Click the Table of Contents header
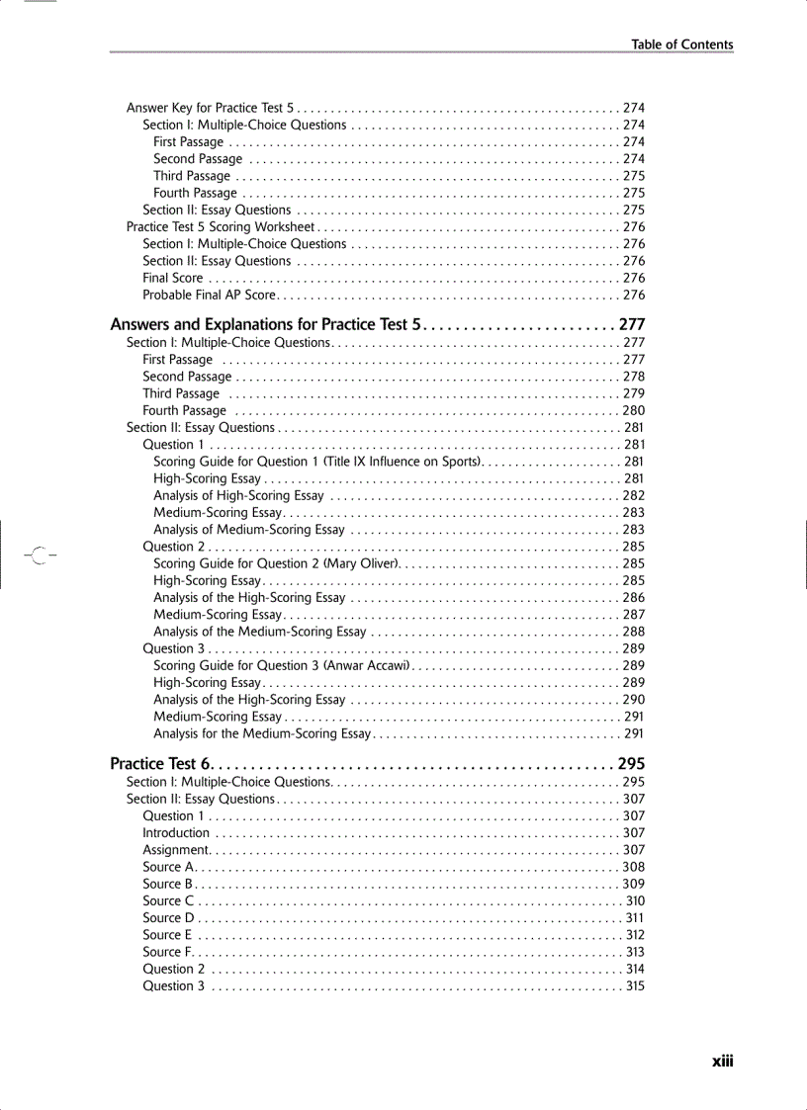coord(682,44)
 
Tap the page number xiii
coord(722,1061)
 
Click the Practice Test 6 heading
coord(160,764)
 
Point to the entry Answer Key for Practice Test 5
coord(210,108)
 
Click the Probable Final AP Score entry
coord(209,296)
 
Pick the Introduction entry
coord(176,833)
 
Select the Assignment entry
coord(176,850)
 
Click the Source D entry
coord(168,918)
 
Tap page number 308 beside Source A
coord(634,867)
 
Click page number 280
coord(634,411)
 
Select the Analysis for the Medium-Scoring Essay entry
coord(261,734)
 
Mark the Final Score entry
coord(173,279)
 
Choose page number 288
coord(634,632)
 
